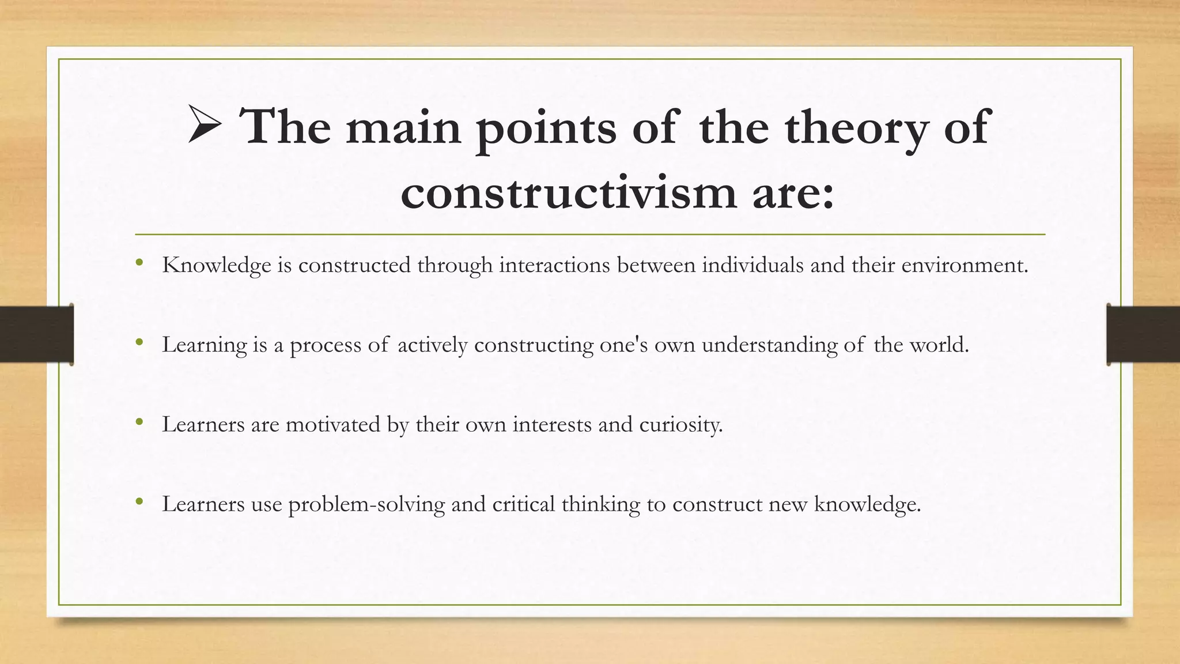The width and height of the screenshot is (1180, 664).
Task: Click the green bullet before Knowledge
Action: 139,263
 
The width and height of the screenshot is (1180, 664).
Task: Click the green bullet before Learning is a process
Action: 139,343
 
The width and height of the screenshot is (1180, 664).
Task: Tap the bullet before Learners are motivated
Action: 139,422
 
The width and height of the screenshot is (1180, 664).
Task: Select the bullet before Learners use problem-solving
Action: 139,502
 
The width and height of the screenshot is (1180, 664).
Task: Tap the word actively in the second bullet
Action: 432,345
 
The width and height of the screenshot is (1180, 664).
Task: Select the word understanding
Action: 769,345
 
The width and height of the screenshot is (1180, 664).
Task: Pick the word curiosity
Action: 680,425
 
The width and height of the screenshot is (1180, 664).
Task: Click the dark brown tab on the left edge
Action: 36,334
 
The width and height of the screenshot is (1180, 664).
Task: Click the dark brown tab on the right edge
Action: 1143,334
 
